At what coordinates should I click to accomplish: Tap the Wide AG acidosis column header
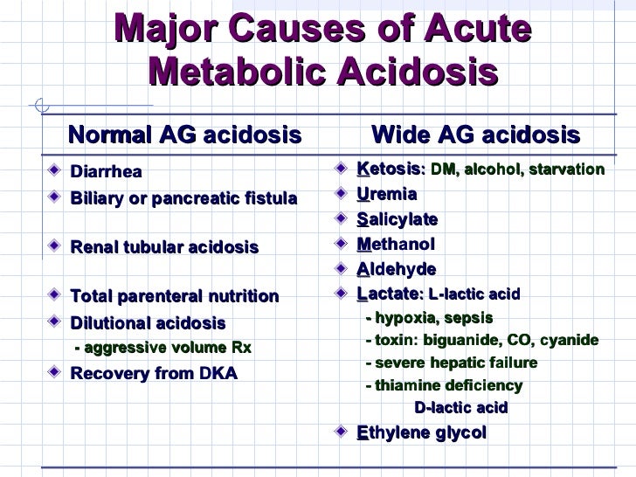tap(475, 135)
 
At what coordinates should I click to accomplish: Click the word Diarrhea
tap(106, 171)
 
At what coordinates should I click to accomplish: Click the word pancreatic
tap(206, 199)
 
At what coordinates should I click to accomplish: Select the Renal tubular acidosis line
tap(164, 247)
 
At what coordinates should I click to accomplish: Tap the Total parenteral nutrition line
tap(175, 297)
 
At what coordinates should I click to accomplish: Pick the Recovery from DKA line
tap(154, 374)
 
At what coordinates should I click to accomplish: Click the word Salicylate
tap(397, 218)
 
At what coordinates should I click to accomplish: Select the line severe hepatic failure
tap(452, 363)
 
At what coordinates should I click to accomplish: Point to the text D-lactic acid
tap(460, 408)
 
